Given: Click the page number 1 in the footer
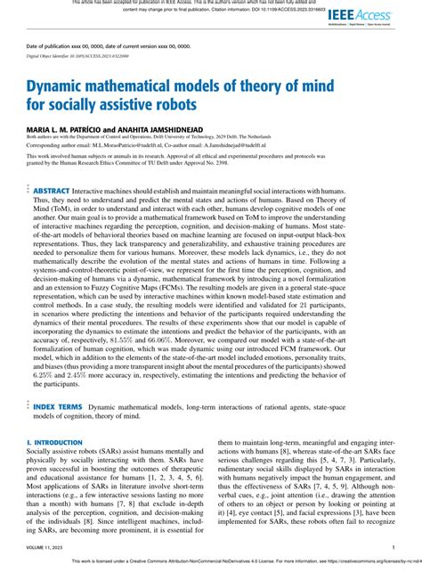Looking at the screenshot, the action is pyautogui.click(x=393, y=548).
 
